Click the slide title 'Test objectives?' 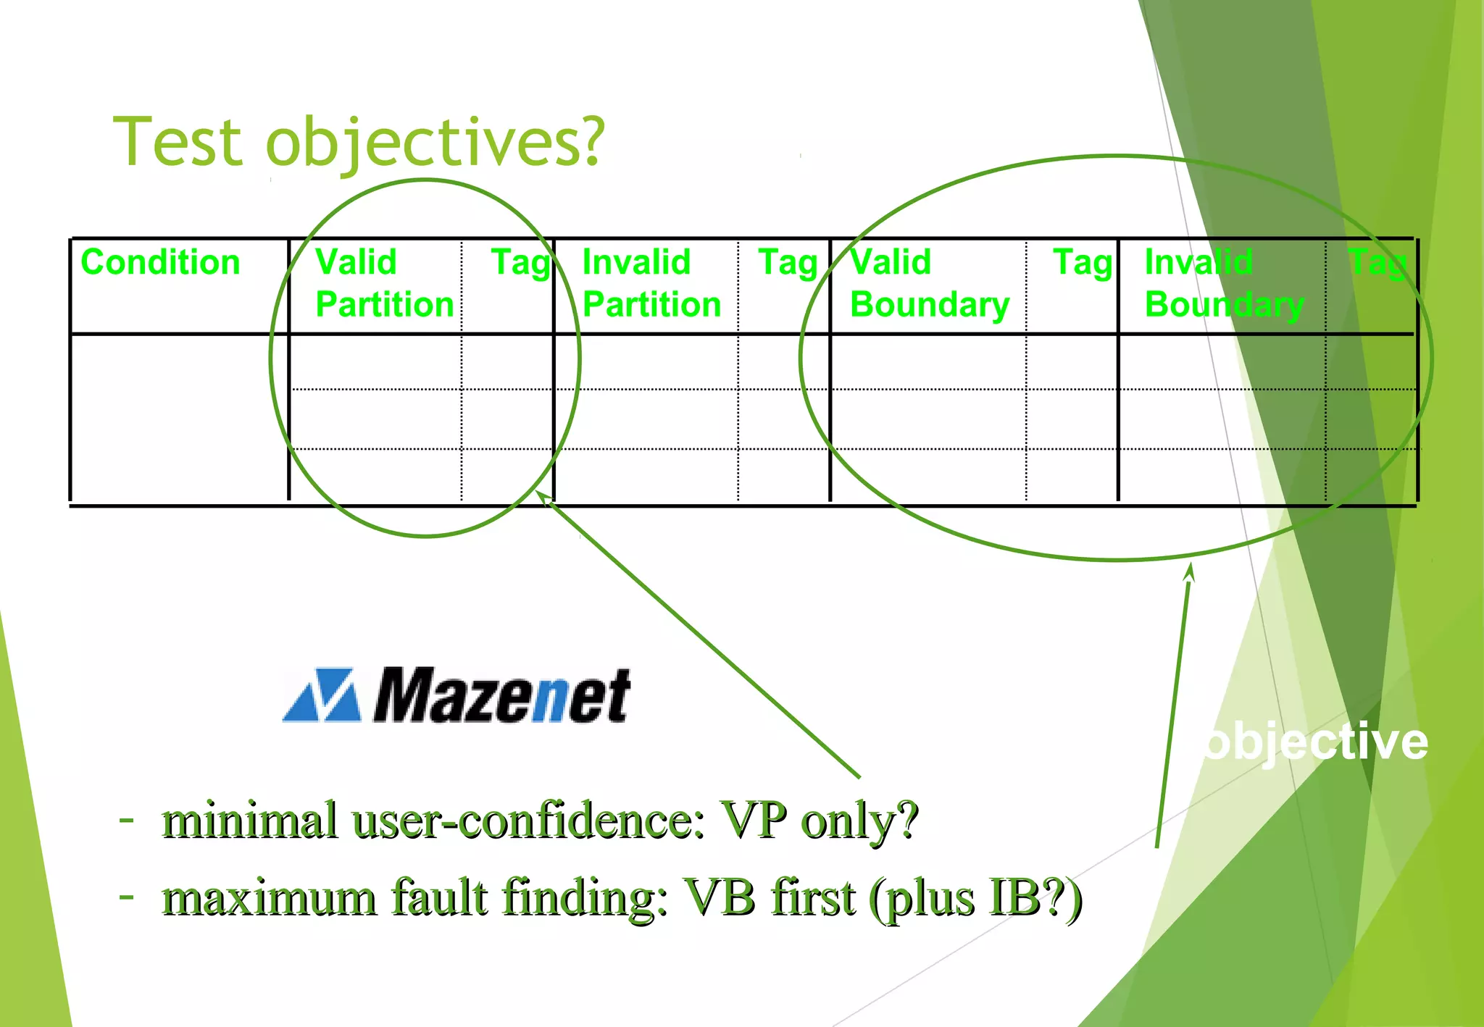359,143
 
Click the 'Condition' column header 160,262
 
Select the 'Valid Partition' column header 384,283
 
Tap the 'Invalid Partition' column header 651,283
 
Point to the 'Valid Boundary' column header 929,283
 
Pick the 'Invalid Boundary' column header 1224,283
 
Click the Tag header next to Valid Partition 521,262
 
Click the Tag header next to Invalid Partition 788,262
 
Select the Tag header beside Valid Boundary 1083,262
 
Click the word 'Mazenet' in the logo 501,696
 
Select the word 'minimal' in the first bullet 249,821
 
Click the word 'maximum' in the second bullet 269,898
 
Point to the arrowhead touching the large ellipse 1190,571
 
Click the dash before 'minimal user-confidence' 127,821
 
